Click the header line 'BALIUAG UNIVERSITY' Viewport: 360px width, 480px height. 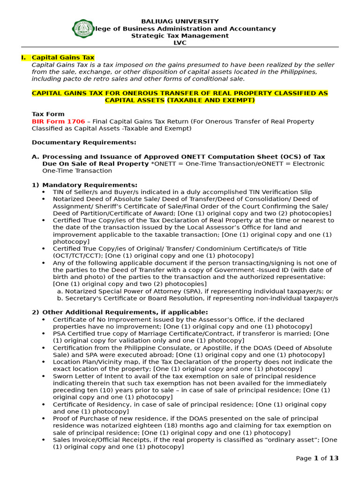pos(180,22)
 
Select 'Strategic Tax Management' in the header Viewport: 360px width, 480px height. pos(180,36)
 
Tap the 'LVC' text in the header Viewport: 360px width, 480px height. pos(180,43)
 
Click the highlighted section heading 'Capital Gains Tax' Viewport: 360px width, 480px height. pos(63,58)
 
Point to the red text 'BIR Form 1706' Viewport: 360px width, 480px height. pos(58,121)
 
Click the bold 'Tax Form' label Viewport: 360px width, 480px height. pos(48,114)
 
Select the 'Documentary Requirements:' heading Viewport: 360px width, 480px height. pos(84,142)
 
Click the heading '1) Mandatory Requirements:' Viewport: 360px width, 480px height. pos(84,185)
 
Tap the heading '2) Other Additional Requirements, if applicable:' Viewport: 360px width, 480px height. pos(120,312)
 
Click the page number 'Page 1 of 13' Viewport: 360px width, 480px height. pos(317,458)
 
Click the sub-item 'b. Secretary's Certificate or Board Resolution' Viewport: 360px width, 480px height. pos(197,298)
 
